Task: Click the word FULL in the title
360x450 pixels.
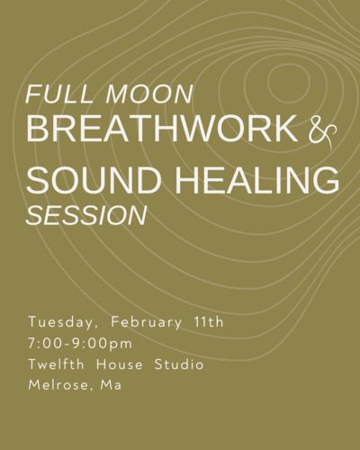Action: [58, 94]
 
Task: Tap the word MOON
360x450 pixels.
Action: [148, 94]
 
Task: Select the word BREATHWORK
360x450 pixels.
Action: [162, 128]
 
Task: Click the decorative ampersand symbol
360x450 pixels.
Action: [322, 134]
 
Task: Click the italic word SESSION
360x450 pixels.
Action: [86, 215]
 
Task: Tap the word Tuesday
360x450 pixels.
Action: [63, 323]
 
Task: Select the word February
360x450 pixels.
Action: [146, 323]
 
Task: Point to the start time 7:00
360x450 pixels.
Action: [45, 344]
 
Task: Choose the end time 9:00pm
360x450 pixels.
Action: [103, 345]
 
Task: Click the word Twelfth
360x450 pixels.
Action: [56, 364]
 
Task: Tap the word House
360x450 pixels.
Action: [120, 364]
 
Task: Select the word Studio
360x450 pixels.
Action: [179, 364]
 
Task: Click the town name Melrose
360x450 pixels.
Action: [58, 385]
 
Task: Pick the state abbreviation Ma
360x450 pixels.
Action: [111, 385]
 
